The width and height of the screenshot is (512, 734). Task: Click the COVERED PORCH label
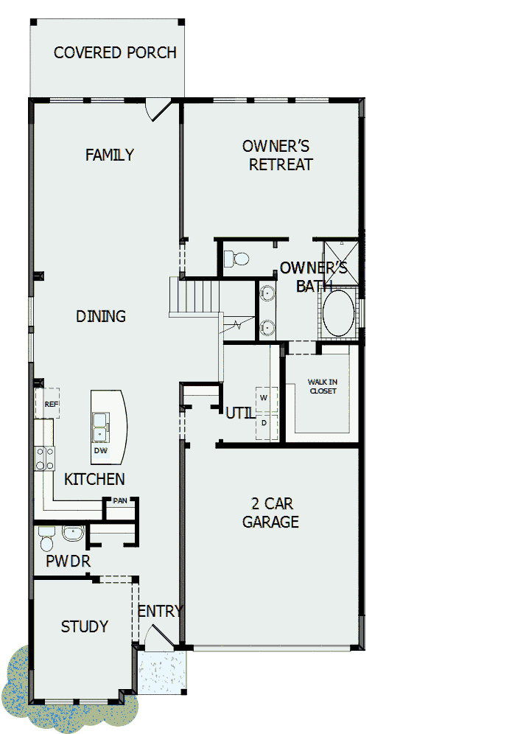[x=115, y=53]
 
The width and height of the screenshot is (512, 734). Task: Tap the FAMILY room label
[x=109, y=155]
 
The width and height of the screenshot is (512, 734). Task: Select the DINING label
[x=101, y=316]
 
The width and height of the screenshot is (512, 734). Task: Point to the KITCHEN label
[x=94, y=479]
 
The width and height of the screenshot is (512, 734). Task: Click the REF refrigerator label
[x=51, y=404]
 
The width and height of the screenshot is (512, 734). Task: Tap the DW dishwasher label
[x=100, y=450]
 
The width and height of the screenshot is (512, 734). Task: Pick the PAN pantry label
[x=119, y=501]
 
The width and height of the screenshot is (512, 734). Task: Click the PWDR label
[x=68, y=561]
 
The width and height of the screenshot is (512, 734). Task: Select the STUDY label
[x=84, y=626]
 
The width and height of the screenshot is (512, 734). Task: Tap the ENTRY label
[x=160, y=611]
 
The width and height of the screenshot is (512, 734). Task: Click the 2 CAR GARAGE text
[x=272, y=513]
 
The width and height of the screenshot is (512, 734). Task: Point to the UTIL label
[x=239, y=413]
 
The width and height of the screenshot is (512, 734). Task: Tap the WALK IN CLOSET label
[x=322, y=386]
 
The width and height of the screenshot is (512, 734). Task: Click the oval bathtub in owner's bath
[x=338, y=313]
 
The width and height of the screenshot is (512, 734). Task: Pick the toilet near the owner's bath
[x=238, y=259]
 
